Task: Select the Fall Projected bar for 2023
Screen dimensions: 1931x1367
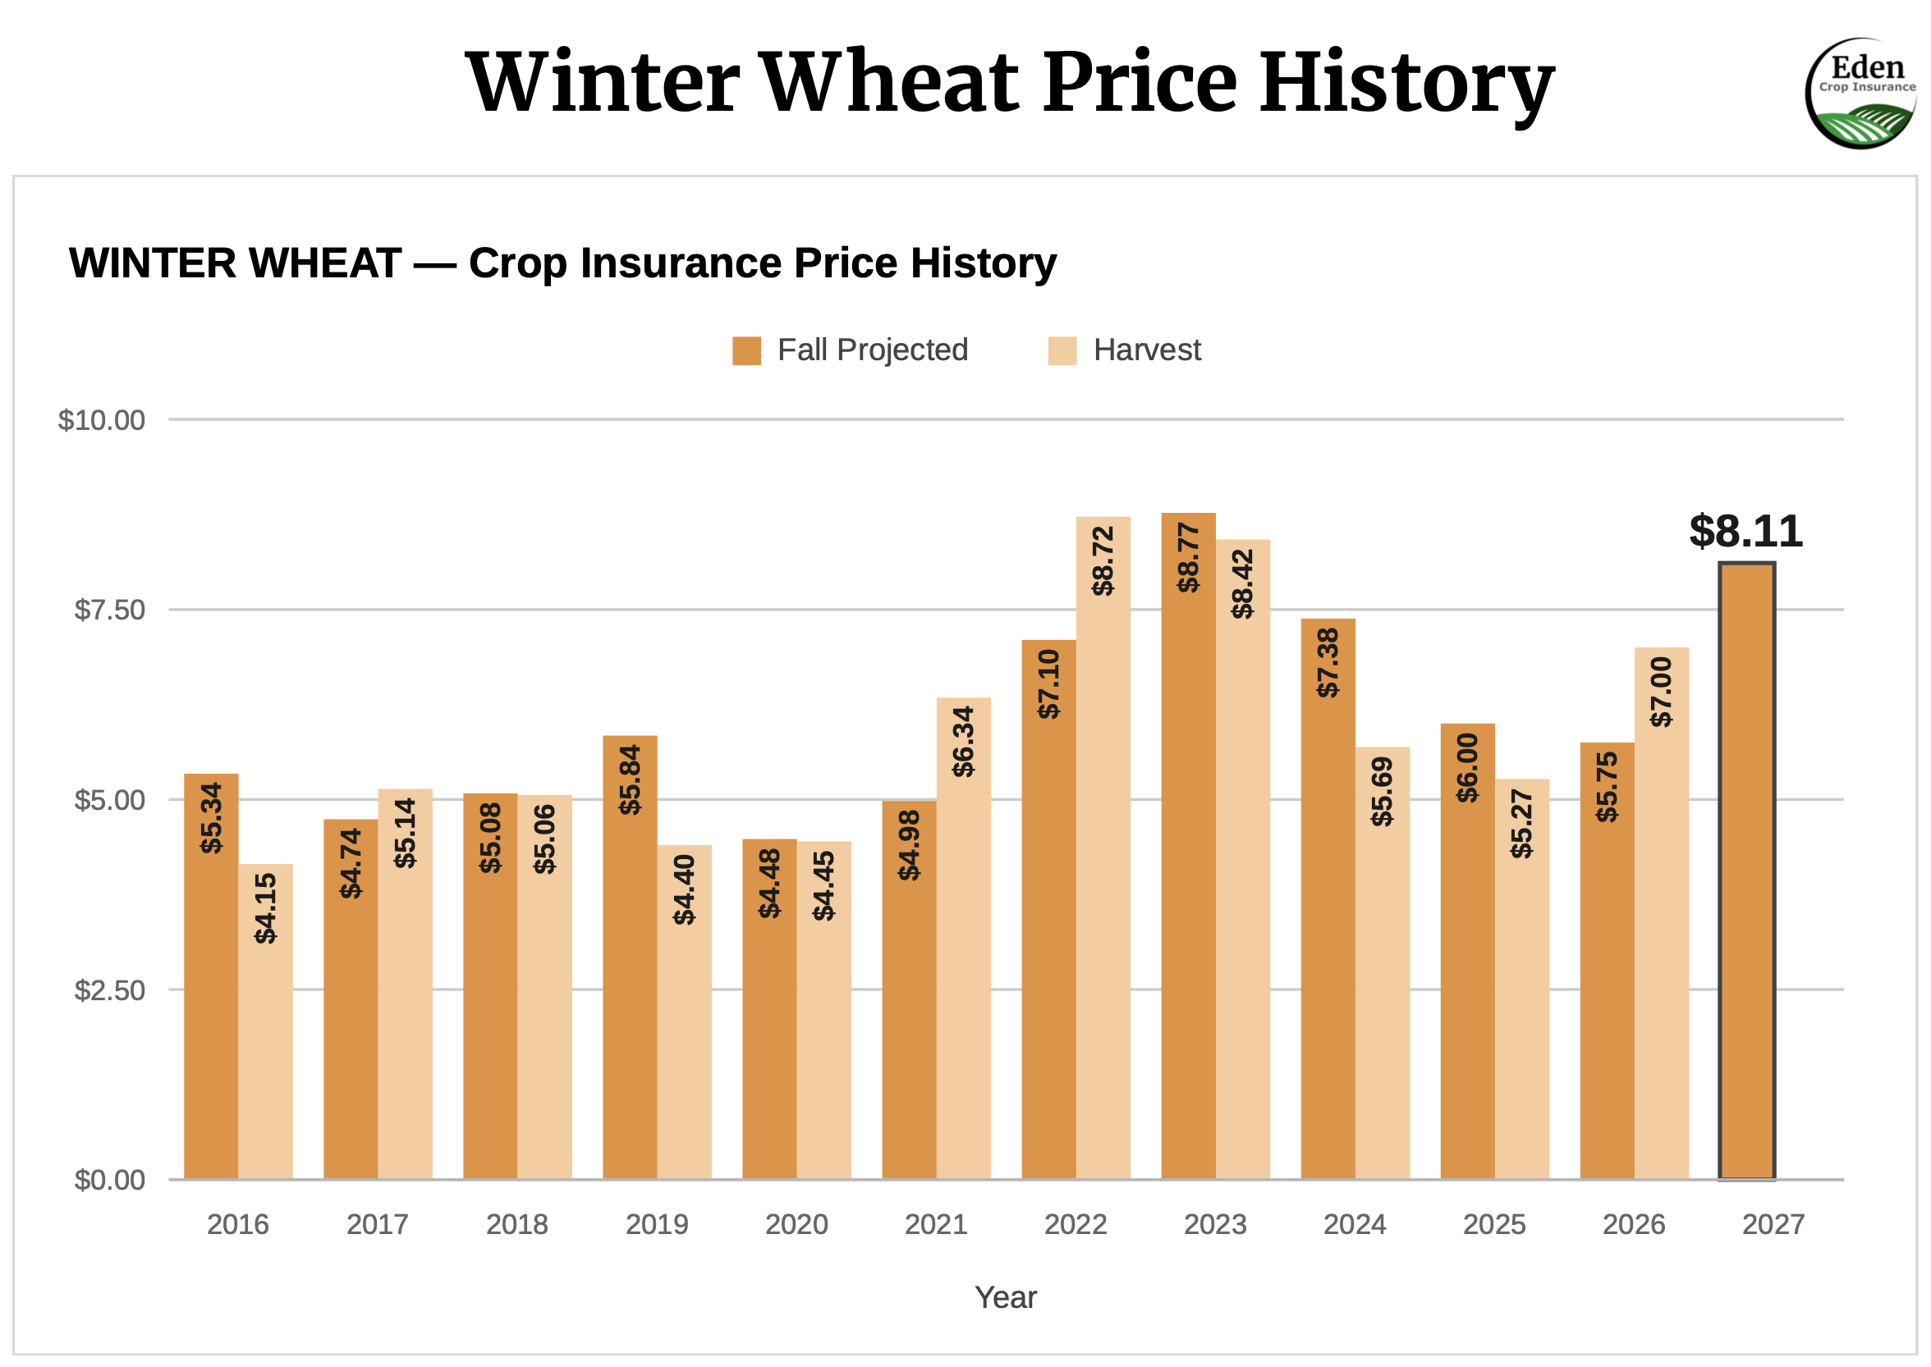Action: (x=1187, y=845)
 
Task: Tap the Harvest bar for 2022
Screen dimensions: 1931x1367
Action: (x=1103, y=848)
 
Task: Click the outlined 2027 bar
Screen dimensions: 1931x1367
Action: (x=1745, y=871)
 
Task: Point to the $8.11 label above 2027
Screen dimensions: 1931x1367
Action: (x=1745, y=531)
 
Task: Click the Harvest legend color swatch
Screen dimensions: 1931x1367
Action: (x=1062, y=350)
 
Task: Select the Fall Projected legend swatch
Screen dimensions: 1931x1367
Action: (x=746, y=350)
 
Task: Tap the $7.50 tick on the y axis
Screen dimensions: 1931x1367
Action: (x=109, y=610)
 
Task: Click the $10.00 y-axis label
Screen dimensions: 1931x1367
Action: (x=101, y=419)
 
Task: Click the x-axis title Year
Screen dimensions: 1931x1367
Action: (x=1005, y=1297)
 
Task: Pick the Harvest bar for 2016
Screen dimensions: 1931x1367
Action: (x=265, y=1021)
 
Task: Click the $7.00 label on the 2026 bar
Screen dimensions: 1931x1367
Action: (x=1661, y=692)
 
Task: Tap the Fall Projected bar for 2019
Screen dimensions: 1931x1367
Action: (x=629, y=957)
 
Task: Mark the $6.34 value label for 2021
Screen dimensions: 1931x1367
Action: (x=962, y=742)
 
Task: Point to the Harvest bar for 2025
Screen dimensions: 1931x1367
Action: (x=1520, y=979)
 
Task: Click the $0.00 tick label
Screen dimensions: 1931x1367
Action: (x=109, y=1179)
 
